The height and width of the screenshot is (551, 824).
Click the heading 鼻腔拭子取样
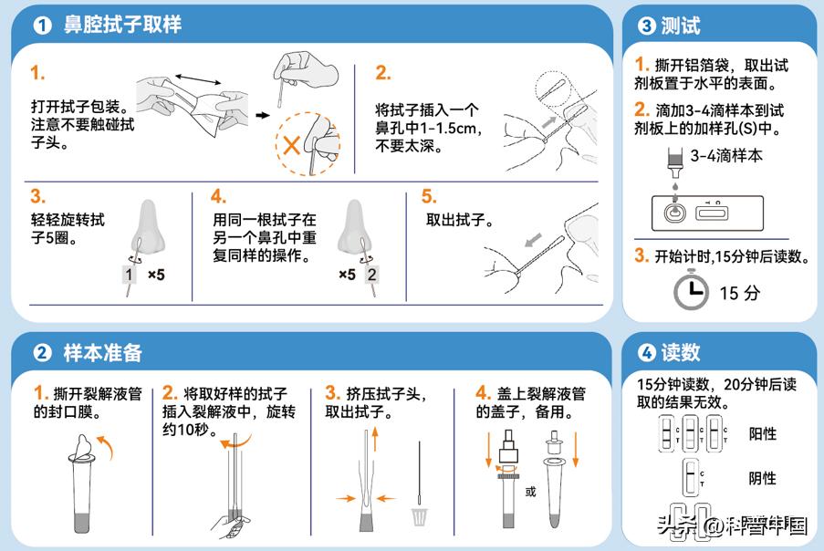(x=122, y=25)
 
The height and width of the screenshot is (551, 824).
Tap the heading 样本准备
(x=102, y=352)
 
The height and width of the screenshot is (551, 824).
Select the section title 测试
(x=680, y=26)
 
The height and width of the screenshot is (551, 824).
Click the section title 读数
(x=680, y=352)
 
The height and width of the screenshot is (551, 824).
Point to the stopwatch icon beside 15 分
(x=691, y=291)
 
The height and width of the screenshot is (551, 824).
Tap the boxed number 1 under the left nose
(x=130, y=275)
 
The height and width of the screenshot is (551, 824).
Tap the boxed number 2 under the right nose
(x=371, y=275)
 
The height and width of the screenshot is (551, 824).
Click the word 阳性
(x=762, y=433)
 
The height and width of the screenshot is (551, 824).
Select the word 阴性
(x=762, y=478)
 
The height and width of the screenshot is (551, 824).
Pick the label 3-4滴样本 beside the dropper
(x=726, y=156)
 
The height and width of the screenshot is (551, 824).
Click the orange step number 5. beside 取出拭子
(x=429, y=196)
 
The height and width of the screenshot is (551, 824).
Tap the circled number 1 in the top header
(x=42, y=26)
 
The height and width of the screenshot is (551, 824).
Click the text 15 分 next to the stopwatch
(x=739, y=293)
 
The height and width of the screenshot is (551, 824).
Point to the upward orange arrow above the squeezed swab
(x=375, y=436)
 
